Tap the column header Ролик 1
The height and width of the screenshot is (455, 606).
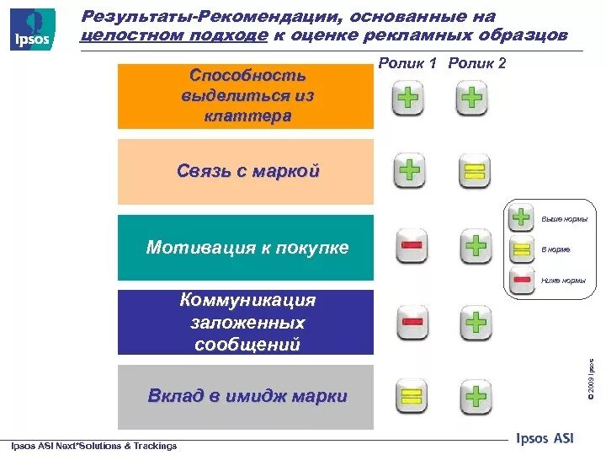point(408,63)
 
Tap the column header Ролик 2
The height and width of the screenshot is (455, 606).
point(477,63)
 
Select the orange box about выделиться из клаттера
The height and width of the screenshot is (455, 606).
point(246,96)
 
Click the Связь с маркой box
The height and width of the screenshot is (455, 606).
point(246,172)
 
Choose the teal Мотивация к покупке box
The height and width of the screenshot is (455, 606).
point(246,248)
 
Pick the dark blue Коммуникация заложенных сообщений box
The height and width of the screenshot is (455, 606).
point(246,322)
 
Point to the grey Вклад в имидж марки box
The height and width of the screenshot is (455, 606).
point(246,397)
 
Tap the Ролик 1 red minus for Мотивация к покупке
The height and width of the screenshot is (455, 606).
point(412,246)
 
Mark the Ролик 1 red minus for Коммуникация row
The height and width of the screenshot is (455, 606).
point(412,322)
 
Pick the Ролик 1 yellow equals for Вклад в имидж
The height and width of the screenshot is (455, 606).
point(410,395)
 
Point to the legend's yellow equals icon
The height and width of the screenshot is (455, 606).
point(522,249)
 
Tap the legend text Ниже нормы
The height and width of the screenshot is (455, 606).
point(563,280)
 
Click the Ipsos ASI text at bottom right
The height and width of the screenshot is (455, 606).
point(544,438)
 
